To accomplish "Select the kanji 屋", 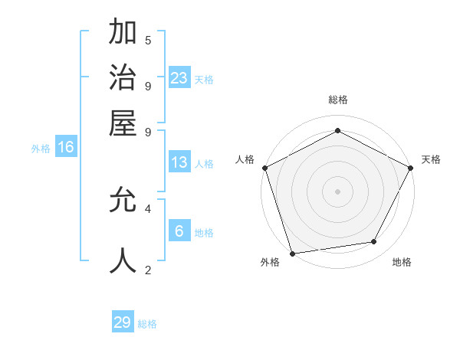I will (123, 123).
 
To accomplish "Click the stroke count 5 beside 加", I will (148, 40).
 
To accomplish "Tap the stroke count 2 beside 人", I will (148, 270).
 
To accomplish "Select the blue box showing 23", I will (179, 77).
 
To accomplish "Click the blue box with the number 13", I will (179, 162).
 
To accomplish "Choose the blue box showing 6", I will (179, 231).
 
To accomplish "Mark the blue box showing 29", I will (123, 322).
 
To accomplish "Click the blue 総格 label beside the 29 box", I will (148, 324).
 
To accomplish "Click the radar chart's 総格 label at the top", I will (338, 100).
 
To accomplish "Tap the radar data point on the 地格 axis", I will (374, 241).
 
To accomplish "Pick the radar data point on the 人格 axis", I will (264, 167).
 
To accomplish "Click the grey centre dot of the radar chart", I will (337, 191).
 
